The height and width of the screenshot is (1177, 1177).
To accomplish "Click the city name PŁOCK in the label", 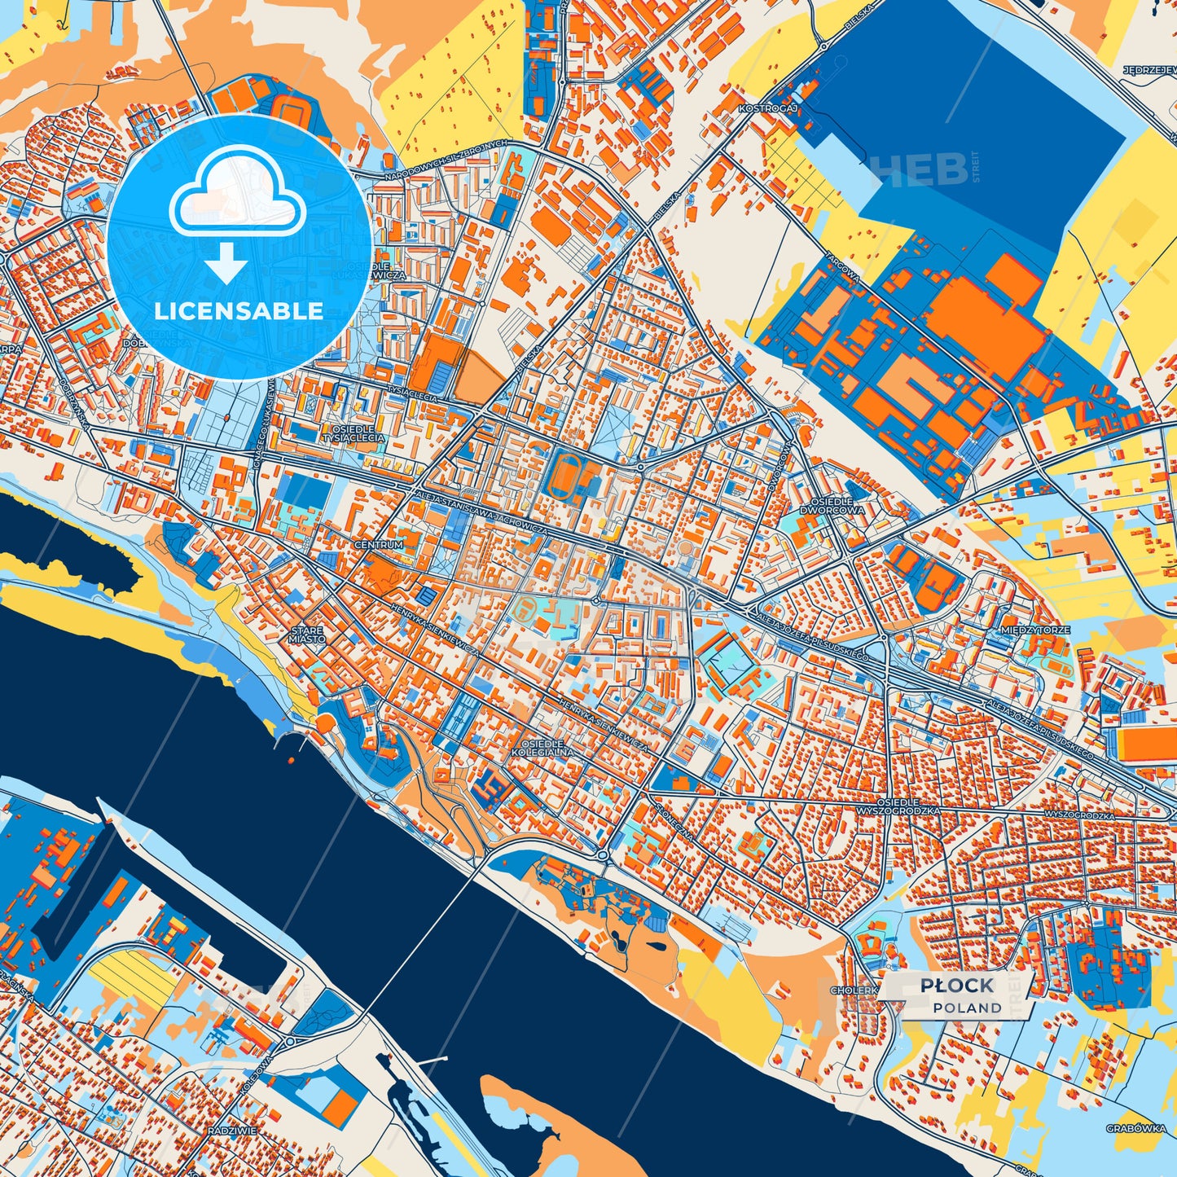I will click(957, 986).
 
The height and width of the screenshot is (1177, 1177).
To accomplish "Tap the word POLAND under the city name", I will click(968, 1008).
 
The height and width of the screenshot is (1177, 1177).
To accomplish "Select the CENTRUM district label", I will click(378, 544).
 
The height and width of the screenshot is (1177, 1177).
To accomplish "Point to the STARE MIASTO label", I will click(306, 635).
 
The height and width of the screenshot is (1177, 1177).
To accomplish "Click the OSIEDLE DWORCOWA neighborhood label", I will click(837, 506).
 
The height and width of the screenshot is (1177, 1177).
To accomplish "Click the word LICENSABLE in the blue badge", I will click(239, 311).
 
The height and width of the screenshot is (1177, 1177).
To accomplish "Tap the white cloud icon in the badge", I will click(237, 198).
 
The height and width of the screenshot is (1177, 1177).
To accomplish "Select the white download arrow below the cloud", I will click(226, 262).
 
